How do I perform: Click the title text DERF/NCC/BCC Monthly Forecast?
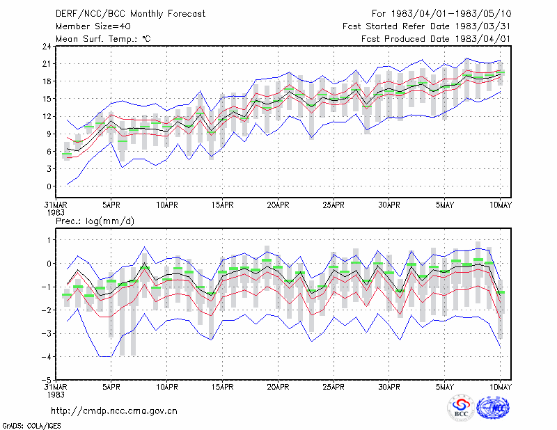[130, 14]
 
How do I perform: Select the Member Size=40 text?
[93, 26]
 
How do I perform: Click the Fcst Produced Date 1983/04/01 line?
[436, 39]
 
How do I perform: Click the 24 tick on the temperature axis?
[47, 47]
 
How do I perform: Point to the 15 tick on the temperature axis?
[47, 99]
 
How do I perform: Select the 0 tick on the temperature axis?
[49, 186]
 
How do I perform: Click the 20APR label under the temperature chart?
[278, 205]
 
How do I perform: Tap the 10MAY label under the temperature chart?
[500, 205]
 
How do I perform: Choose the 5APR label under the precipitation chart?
[111, 387]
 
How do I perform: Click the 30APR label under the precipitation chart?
[389, 387]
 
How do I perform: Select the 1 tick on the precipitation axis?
[49, 240]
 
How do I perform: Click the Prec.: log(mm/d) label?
[95, 221]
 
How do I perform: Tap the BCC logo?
[461, 408]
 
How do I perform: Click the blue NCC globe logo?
[493, 408]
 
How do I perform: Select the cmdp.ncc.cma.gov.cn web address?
[114, 411]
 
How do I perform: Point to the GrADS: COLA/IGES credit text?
[31, 426]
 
